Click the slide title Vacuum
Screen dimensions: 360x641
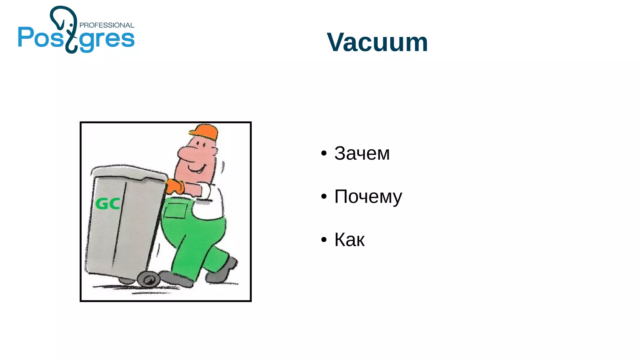click(x=377, y=42)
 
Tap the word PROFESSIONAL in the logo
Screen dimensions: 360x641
click(x=107, y=25)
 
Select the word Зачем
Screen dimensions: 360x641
click(x=362, y=153)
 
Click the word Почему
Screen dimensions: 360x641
click(x=368, y=197)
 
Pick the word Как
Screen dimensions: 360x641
click(x=349, y=240)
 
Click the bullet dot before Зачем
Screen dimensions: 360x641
click(x=324, y=153)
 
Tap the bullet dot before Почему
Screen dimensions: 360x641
click(x=324, y=197)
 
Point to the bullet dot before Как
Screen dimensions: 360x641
click(x=324, y=240)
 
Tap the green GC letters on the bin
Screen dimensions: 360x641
click(x=107, y=204)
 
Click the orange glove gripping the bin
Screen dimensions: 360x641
click(x=175, y=186)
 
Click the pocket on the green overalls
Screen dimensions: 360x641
click(x=176, y=210)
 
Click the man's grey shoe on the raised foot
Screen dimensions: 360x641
click(x=222, y=270)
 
